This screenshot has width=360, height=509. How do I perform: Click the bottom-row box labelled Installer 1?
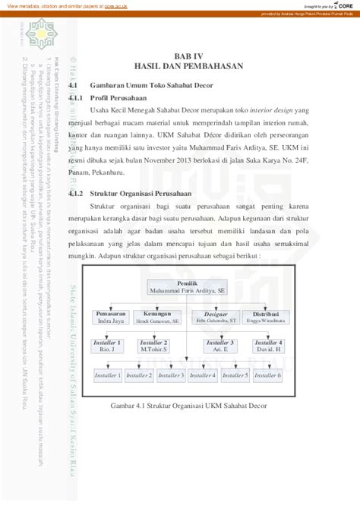tap(107, 375)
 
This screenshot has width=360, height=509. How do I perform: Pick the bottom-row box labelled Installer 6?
tap(268, 375)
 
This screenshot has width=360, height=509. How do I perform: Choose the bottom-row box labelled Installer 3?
tap(171, 375)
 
